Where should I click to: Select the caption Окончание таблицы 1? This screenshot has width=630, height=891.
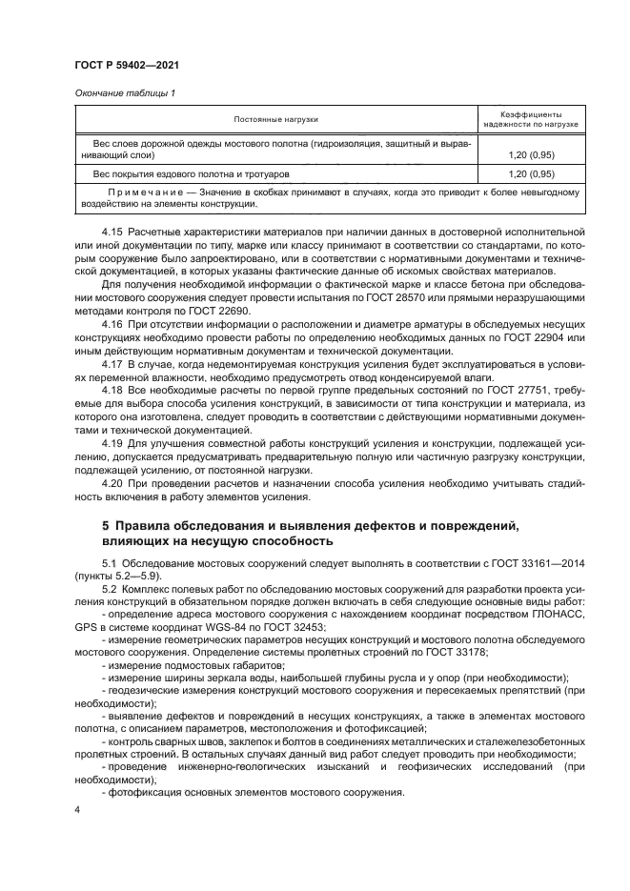125,92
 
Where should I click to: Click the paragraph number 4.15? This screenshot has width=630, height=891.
112,232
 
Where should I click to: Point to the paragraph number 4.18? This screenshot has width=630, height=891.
112,390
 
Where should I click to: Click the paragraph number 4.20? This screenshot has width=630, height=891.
112,482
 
